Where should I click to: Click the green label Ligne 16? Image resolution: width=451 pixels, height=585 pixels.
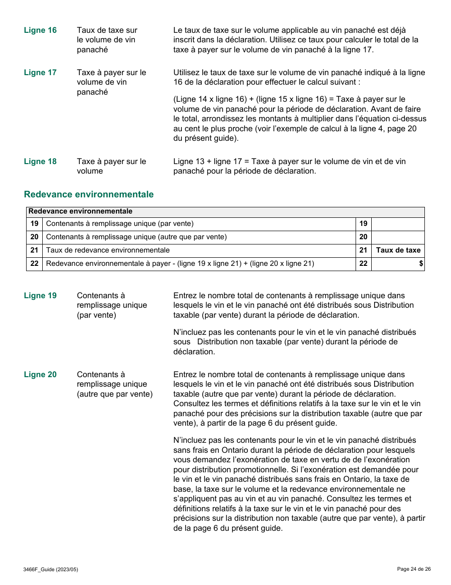(40, 30)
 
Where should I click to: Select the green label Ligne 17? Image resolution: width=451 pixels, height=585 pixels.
(40, 73)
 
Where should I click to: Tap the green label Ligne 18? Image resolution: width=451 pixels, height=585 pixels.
(40, 162)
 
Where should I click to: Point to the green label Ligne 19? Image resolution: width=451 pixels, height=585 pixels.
(40, 296)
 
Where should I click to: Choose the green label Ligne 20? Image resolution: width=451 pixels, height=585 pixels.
(40, 375)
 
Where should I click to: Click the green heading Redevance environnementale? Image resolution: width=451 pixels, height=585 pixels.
(89, 195)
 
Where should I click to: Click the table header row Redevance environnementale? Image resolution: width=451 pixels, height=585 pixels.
(225, 212)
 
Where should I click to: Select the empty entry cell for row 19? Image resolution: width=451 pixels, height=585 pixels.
(397, 224)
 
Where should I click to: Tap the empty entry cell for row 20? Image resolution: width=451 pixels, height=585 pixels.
(397, 237)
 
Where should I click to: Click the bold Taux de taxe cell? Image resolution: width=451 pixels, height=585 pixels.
(398, 250)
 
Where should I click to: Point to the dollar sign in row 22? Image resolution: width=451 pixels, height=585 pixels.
(421, 263)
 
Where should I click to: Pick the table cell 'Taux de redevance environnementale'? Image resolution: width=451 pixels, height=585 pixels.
(108, 250)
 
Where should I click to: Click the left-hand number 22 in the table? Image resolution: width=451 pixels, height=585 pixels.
(34, 263)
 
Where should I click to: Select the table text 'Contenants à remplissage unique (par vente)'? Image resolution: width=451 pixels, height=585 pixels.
(120, 224)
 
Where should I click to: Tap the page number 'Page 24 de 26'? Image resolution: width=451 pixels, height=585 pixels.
(413, 569)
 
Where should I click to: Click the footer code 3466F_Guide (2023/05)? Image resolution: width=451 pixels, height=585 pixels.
(51, 569)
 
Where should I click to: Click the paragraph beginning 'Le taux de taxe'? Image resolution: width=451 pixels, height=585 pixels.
(296, 40)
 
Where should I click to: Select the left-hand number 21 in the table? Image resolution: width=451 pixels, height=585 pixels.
(34, 250)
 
